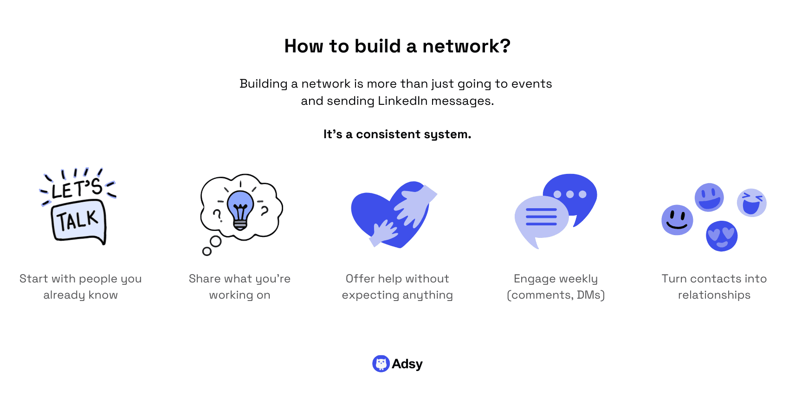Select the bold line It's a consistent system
click(x=397, y=134)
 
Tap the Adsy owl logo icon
click(x=381, y=364)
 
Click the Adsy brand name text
click(x=407, y=364)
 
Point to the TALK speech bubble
click(x=78, y=221)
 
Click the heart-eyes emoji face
click(x=722, y=236)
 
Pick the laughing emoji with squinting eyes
click(x=751, y=203)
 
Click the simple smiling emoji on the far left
click(x=677, y=220)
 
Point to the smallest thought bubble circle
click(x=207, y=251)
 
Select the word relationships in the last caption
click(x=714, y=295)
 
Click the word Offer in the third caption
click(x=360, y=279)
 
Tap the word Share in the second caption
click(x=204, y=279)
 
